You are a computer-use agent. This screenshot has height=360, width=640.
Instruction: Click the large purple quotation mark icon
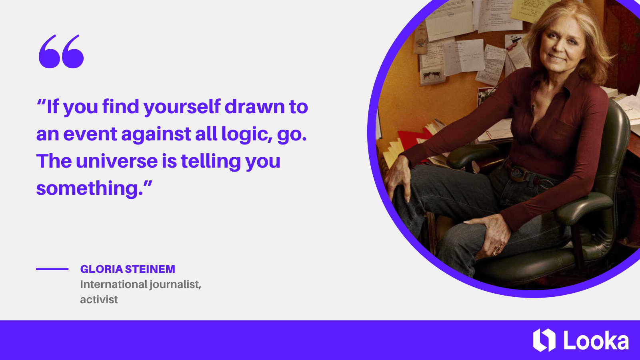(x=61, y=52)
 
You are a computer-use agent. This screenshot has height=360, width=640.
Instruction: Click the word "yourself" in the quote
(x=182, y=107)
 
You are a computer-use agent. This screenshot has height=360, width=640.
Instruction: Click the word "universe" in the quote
(x=117, y=161)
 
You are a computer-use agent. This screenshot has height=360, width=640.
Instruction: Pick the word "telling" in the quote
(x=211, y=162)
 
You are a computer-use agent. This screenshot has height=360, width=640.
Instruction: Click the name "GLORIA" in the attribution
(x=101, y=269)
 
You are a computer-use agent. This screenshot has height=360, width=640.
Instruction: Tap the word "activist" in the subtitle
(x=99, y=300)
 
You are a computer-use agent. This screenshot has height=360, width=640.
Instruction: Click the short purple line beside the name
(x=52, y=269)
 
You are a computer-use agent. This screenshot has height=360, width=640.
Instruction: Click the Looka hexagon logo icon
(x=544, y=340)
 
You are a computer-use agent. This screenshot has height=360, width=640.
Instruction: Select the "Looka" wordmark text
(x=596, y=341)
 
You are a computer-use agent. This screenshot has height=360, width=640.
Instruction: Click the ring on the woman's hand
(x=497, y=249)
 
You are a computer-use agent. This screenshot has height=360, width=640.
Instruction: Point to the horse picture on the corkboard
(x=431, y=75)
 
